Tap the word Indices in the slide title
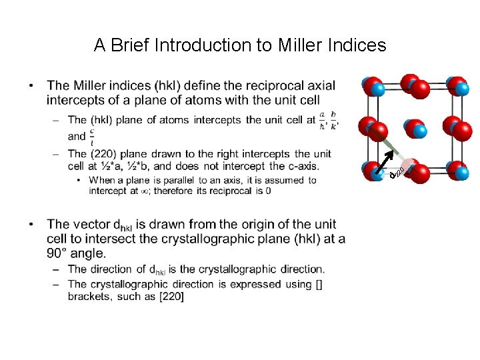coord(357,45)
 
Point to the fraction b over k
coord(333,120)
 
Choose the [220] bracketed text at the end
coord(171,296)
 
